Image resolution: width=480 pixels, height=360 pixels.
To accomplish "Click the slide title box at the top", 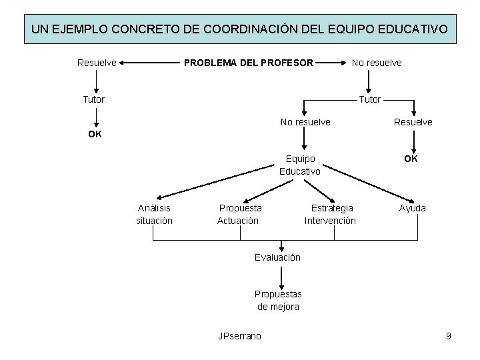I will click(x=240, y=30).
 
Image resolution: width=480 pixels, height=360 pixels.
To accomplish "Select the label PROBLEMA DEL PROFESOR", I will click(x=248, y=63).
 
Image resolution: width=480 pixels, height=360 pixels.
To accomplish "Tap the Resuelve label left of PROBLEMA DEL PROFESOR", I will click(x=97, y=63).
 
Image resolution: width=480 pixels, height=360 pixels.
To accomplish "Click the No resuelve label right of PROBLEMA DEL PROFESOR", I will click(x=377, y=63).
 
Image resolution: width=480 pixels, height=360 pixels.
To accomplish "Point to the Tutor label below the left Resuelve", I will click(x=93, y=99).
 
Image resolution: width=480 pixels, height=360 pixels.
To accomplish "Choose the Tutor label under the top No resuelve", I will click(x=370, y=99).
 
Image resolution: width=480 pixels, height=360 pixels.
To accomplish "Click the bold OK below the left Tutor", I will click(x=95, y=134).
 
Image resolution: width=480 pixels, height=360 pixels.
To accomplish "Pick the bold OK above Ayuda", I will click(x=411, y=159).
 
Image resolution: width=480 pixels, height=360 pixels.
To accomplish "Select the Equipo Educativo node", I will click(x=300, y=165).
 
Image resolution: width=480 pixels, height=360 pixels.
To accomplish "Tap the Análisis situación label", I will click(x=154, y=214).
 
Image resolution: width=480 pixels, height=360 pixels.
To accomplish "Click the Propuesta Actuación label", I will click(x=239, y=214).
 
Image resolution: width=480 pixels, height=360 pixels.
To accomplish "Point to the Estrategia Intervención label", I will click(x=331, y=214).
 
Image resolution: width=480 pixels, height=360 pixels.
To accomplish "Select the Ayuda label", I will click(x=413, y=208).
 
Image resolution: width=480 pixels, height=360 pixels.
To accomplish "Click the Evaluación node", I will click(x=277, y=257).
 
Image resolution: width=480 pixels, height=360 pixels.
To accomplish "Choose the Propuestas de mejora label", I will click(x=278, y=300).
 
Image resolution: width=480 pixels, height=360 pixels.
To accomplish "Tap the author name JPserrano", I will click(x=240, y=335).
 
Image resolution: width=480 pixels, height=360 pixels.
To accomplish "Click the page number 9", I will click(x=449, y=335).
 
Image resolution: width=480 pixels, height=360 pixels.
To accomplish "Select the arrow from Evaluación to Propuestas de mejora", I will click(x=281, y=275).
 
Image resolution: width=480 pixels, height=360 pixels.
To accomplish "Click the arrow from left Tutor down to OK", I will click(x=97, y=117).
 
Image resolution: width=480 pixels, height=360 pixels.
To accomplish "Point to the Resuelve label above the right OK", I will click(x=413, y=122).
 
